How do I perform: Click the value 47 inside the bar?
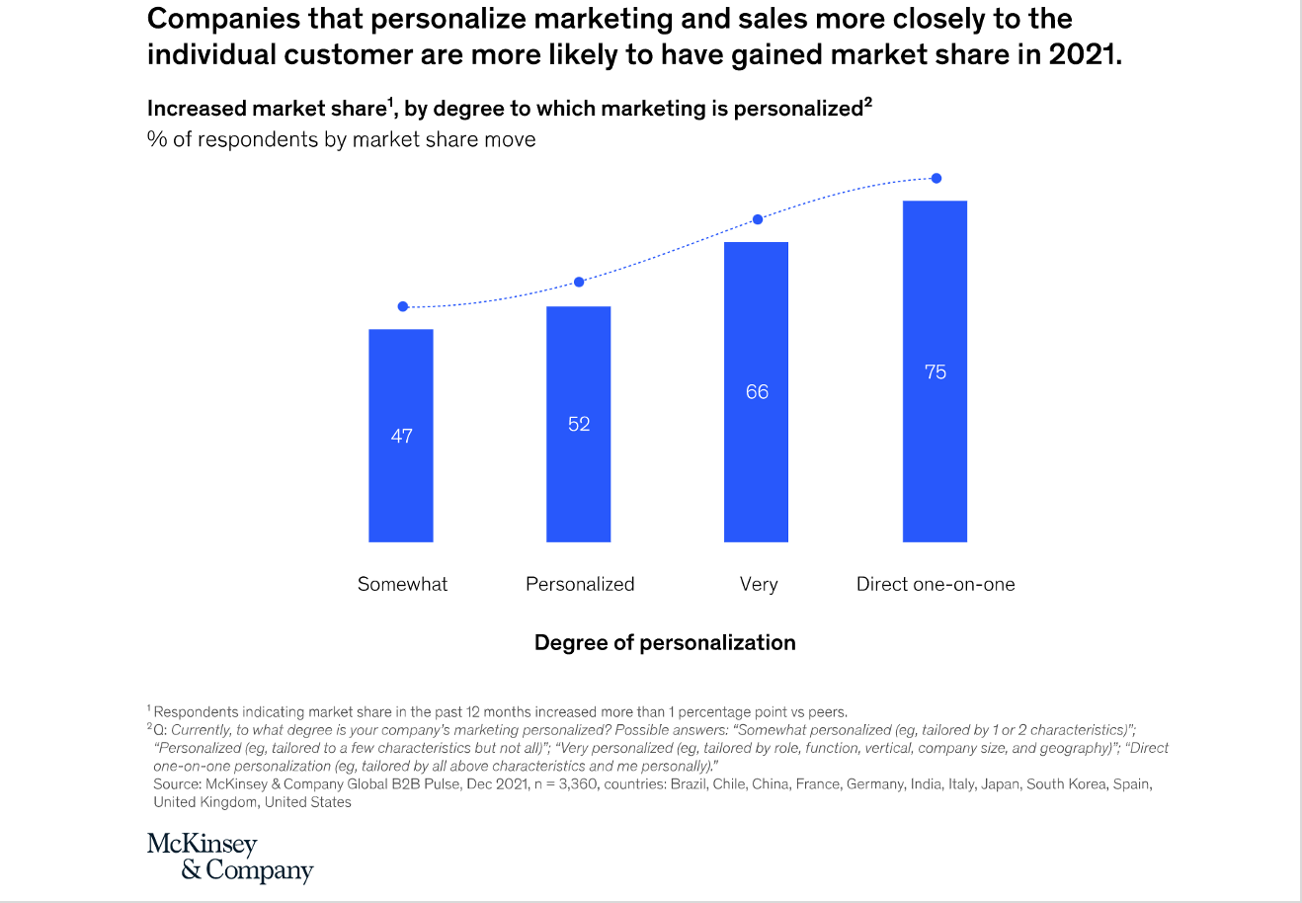pos(402,436)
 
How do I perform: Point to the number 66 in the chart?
pos(757,392)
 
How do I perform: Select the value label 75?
pos(936,372)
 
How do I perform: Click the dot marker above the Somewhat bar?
pos(403,306)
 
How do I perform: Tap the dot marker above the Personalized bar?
pos(580,283)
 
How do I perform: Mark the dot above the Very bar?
pos(758,219)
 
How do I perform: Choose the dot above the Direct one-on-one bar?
pos(936,179)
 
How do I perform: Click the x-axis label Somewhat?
pos(402,584)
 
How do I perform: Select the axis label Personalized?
pos(580,584)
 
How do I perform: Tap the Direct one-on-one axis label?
pos(936,584)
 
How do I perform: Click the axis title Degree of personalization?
pos(665,643)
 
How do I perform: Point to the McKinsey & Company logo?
pos(230,858)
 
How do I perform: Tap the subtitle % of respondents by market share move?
pos(341,139)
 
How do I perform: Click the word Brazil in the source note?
pos(692,784)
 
